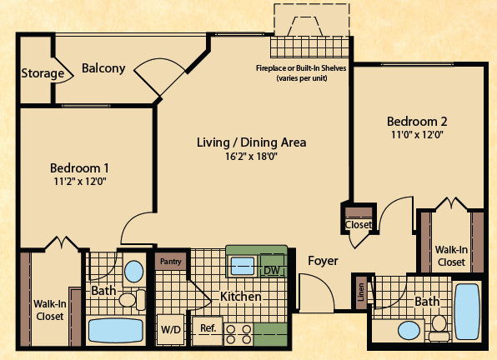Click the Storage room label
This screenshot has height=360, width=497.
43,73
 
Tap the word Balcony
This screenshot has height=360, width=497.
103,68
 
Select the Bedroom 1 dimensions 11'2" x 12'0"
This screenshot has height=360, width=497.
80,182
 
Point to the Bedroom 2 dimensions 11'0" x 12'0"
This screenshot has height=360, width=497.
417,134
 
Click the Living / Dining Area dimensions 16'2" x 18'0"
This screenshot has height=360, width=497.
251,157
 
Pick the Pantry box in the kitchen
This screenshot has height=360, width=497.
170,262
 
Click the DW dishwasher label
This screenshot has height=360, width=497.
272,270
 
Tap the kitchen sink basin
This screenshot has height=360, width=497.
243,266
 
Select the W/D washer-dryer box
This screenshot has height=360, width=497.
171,330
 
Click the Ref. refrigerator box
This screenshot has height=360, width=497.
208,331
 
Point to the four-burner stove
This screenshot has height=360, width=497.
238,335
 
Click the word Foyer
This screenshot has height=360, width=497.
323,261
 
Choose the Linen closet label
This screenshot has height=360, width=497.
361,292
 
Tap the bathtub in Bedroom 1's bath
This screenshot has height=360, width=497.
116,331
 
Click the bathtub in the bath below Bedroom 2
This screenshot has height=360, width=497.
467,312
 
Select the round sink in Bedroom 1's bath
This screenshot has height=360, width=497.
133,272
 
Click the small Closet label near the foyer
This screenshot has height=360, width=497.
359,224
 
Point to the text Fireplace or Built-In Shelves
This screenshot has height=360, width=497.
301,68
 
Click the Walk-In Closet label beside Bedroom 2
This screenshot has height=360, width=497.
451,256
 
